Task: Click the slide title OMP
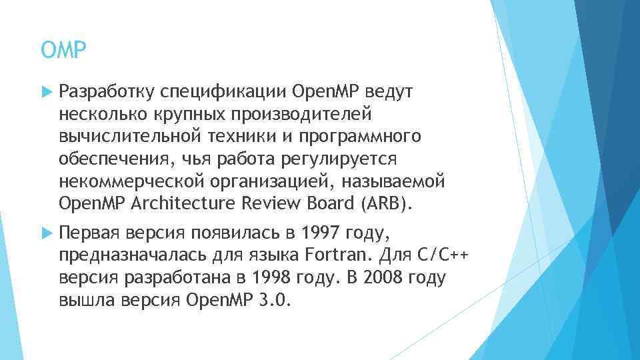64,50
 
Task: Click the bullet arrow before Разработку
46,90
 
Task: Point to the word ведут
386,90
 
